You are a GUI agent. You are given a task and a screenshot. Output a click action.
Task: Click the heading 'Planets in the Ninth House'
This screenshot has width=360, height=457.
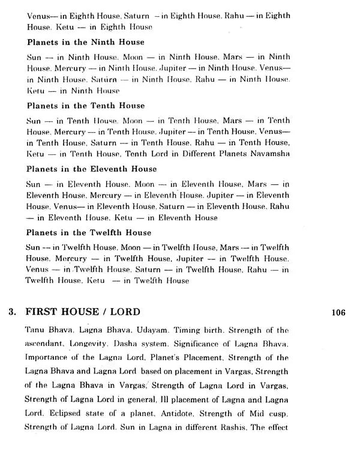click(x=85, y=43)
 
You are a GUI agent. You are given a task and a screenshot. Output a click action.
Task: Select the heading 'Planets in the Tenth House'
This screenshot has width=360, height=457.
click(x=86, y=106)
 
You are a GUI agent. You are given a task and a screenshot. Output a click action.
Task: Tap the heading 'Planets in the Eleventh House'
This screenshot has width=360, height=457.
click(x=91, y=169)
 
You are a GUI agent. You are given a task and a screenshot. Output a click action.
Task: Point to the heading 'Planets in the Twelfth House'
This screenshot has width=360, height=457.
click(x=89, y=232)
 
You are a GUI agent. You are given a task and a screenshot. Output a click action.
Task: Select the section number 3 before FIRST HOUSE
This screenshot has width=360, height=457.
click(x=11, y=312)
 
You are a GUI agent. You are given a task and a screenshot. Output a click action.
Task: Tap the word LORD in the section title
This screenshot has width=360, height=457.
click(x=124, y=312)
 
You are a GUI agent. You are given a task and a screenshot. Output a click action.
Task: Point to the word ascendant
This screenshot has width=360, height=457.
click(x=46, y=344)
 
